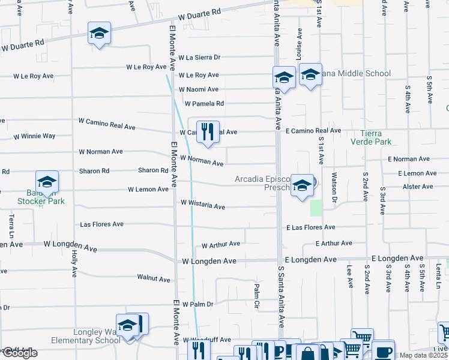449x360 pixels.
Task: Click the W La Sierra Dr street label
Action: [199, 58]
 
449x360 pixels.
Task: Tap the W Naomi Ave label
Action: [198, 89]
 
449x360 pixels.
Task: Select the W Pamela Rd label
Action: [204, 103]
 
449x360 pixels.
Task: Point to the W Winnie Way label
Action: [34, 136]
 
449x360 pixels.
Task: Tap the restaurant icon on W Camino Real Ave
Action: [208, 132]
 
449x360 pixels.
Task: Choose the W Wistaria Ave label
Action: [203, 205]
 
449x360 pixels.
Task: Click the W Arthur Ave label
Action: [221, 245]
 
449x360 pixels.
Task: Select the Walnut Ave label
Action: [154, 278]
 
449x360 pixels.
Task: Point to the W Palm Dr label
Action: [197, 304]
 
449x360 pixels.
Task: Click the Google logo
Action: [20, 353]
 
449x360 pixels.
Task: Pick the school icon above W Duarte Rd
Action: [99, 34]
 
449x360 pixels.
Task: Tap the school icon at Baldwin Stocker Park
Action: [47, 182]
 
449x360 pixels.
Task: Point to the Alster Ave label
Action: [418, 187]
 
